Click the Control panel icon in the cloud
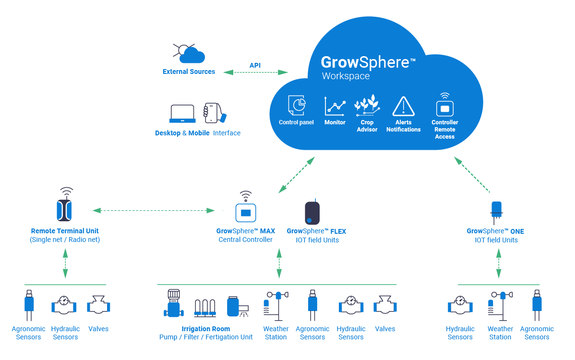(x=297, y=105)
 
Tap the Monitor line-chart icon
(x=335, y=106)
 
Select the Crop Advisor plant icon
(x=367, y=106)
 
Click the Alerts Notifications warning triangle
(x=403, y=107)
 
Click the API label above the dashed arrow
(x=255, y=65)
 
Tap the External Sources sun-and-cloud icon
(x=188, y=53)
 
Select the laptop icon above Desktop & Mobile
(x=182, y=114)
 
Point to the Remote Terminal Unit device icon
(x=66, y=208)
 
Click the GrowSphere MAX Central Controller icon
(x=246, y=211)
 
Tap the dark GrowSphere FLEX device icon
(x=312, y=213)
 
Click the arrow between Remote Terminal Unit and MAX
(x=153, y=210)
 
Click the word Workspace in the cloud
(x=346, y=76)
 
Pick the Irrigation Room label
(x=205, y=329)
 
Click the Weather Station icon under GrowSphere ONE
(x=500, y=306)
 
